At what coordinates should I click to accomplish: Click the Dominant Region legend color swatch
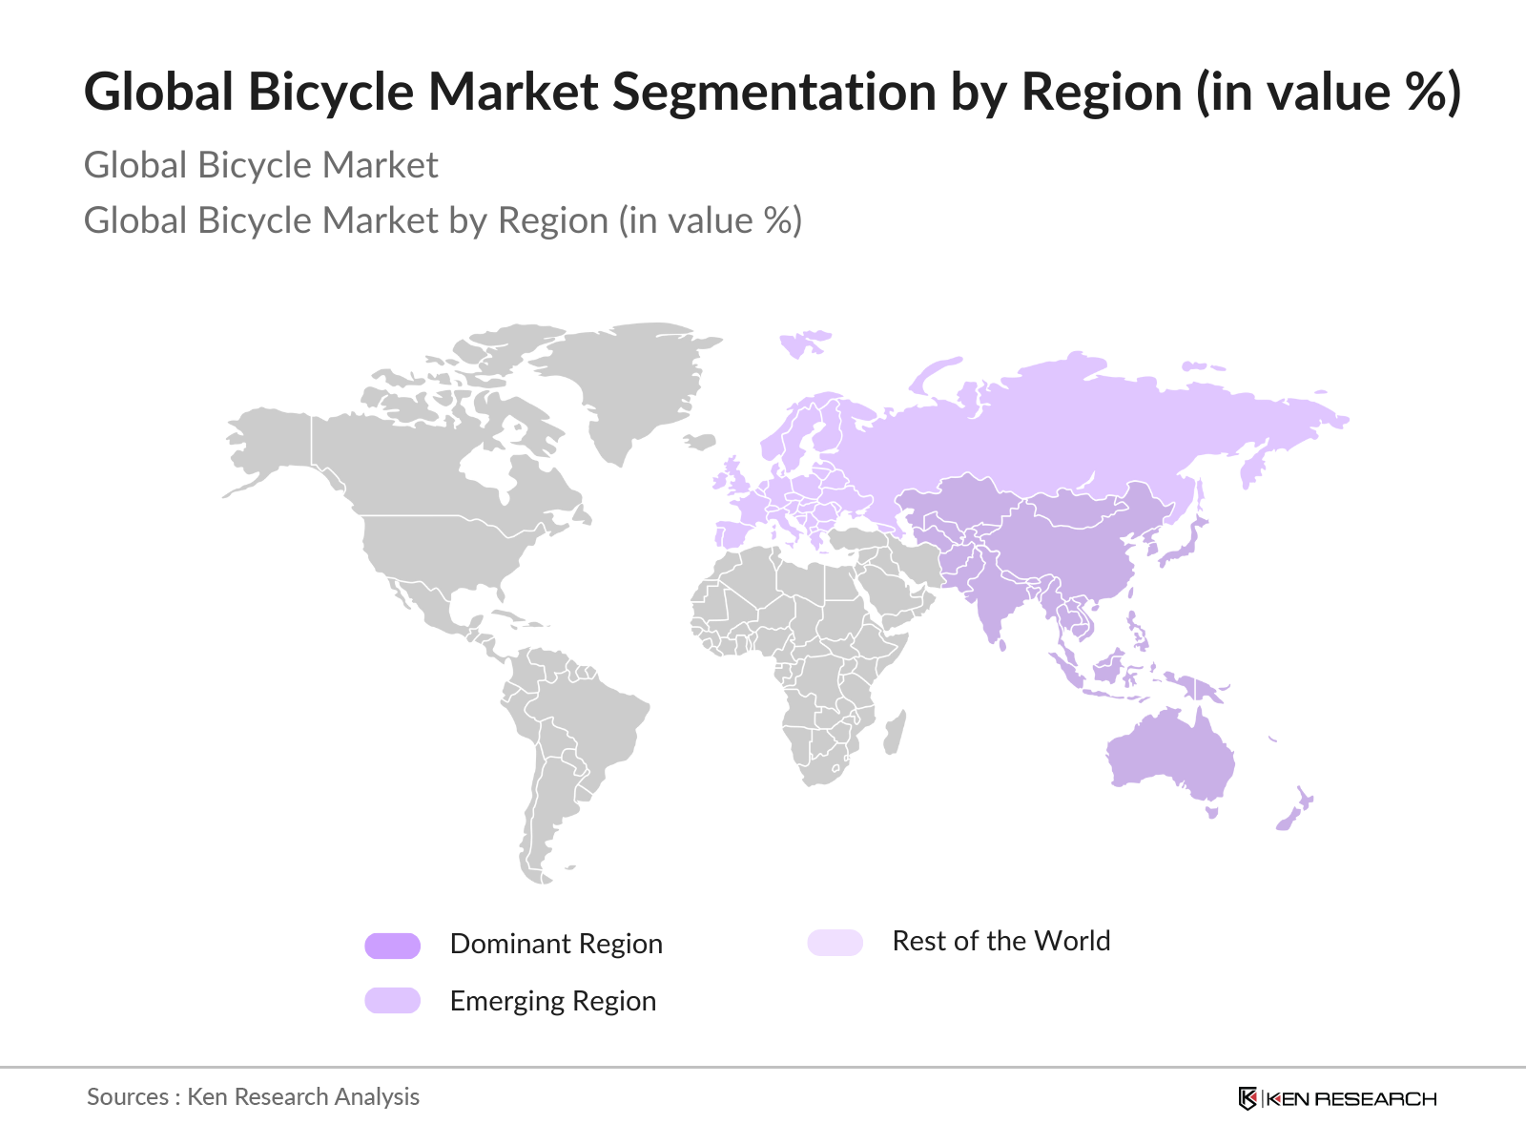[x=392, y=946]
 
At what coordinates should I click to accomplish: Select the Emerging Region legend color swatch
[x=392, y=1000]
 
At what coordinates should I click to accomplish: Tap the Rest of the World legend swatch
[x=835, y=943]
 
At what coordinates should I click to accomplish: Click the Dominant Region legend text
[x=556, y=944]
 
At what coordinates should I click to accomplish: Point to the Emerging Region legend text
[x=552, y=1001]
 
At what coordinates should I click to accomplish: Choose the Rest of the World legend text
[x=1000, y=941]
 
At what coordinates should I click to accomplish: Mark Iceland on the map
[x=701, y=442]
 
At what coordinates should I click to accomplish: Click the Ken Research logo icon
[x=1247, y=1098]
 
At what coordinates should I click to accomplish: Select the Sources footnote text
[x=253, y=1096]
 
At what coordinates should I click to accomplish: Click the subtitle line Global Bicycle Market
[x=260, y=165]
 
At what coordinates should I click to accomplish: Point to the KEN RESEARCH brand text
[x=1351, y=1099]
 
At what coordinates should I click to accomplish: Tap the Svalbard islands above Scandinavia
[x=803, y=343]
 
